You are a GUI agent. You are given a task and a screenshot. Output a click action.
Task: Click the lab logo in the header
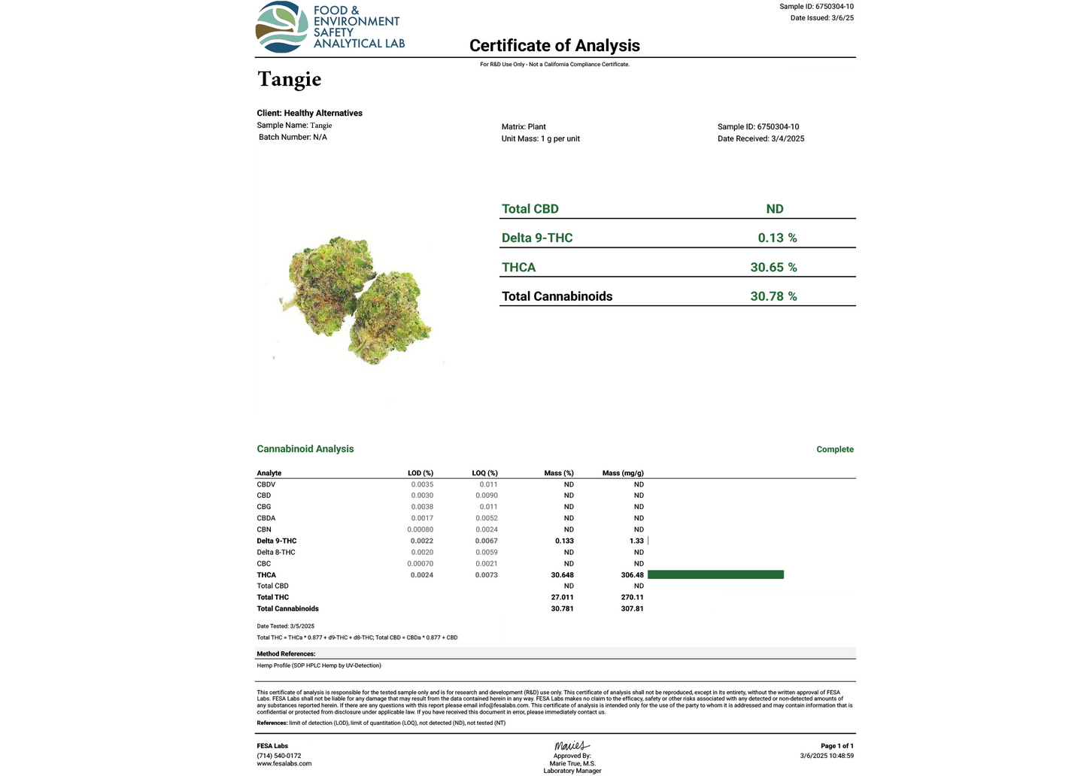[330, 27]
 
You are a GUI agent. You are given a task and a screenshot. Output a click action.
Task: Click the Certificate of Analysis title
[554, 46]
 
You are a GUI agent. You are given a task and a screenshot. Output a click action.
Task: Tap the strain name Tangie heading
[290, 79]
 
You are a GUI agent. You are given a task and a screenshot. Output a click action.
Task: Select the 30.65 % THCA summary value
[773, 267]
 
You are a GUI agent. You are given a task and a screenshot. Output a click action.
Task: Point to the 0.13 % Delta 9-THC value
[777, 238]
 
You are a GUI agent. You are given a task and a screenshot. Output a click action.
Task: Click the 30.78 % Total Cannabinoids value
[773, 296]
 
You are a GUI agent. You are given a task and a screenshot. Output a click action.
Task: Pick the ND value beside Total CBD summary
[775, 209]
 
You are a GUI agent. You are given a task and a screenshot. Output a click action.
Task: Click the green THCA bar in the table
[715, 574]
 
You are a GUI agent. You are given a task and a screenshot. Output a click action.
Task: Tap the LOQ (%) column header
[484, 473]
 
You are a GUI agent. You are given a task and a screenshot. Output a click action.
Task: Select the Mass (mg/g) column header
[623, 473]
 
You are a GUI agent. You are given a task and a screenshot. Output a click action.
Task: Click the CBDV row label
[266, 484]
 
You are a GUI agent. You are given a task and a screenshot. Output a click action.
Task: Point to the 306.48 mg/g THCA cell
[632, 574]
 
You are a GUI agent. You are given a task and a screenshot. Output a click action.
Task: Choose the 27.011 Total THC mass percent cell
[562, 597]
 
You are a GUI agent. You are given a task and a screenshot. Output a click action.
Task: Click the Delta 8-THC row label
[276, 552]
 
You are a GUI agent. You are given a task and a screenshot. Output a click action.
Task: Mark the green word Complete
[835, 450]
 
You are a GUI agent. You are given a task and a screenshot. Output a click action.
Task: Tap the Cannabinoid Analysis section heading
[305, 449]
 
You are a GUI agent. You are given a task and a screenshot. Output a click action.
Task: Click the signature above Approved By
[572, 746]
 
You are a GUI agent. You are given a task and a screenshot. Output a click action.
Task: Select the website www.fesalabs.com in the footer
[284, 763]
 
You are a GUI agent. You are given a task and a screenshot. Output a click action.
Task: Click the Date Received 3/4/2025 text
[761, 138]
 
